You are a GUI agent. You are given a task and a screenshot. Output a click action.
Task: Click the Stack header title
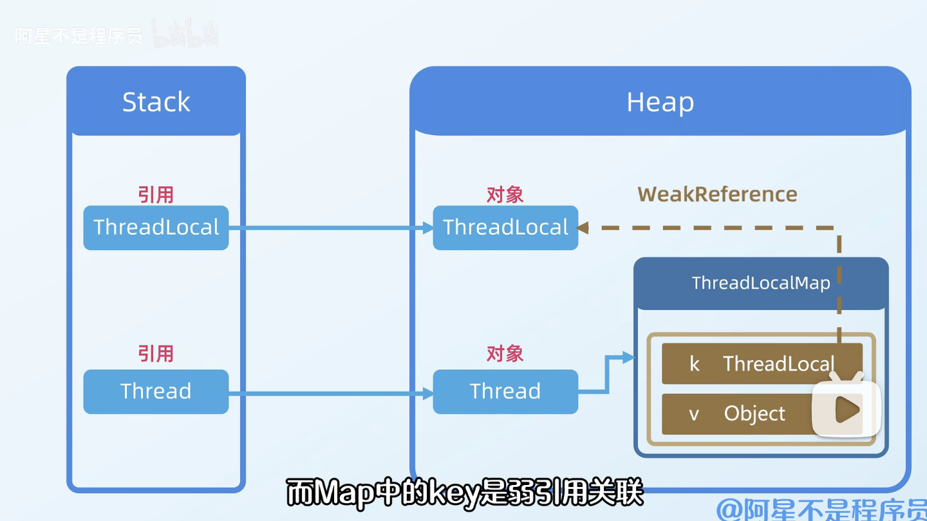pos(156,102)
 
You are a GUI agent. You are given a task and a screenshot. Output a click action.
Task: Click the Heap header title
pos(660,102)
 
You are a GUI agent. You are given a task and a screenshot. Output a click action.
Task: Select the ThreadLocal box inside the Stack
pos(156,228)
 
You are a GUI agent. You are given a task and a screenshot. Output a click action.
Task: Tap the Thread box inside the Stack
pos(156,391)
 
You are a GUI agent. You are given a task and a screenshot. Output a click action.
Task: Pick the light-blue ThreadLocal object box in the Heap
pos(505,228)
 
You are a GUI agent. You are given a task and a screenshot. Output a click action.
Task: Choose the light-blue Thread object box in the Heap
pos(505,391)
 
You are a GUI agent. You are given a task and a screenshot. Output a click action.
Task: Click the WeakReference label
pos(717,194)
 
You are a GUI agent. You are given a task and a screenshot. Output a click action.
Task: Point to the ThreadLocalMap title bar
pos(761,283)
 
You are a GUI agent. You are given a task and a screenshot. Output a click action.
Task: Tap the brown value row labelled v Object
pos(734,414)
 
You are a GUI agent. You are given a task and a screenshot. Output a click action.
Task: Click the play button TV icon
pos(846,409)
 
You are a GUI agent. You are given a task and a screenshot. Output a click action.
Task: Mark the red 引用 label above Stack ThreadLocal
pos(156,194)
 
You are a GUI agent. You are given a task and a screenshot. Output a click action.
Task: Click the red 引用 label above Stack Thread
pos(156,353)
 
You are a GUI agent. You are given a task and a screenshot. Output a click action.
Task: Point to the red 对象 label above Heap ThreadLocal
pos(505,194)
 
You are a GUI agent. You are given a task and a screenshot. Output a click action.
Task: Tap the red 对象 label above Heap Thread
pos(505,353)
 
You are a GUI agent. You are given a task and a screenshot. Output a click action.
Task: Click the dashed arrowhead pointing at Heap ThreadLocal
pos(583,228)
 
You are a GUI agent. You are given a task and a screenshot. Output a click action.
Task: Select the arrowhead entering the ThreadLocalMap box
pos(628,358)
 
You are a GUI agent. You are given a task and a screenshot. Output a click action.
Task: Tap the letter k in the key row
pos(694,364)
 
